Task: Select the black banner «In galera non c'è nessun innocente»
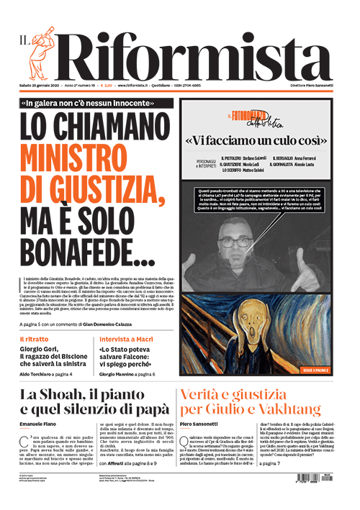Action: click(x=96, y=102)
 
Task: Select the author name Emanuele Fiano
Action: click(x=39, y=424)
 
